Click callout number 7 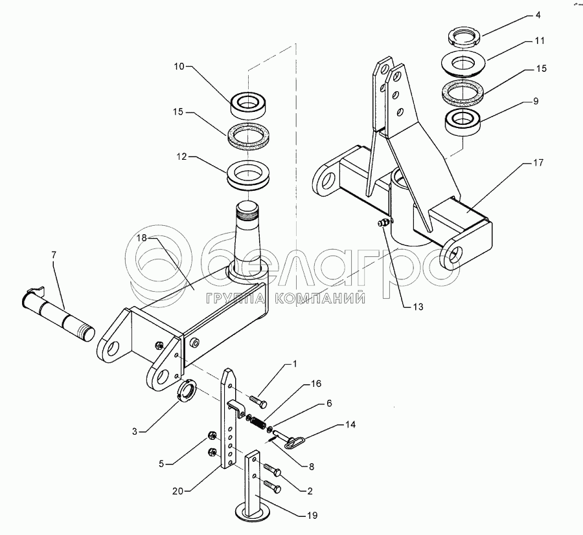pos(54,255)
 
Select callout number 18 pos(142,238)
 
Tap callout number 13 pos(418,307)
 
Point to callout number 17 pos(538,162)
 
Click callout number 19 pos(312,516)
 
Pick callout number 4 pos(538,16)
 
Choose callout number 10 pos(179,67)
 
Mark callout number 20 pos(178,491)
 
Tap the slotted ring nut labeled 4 pos(464,38)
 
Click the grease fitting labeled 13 pos(383,223)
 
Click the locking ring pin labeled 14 pos(289,438)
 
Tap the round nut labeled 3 pos(187,390)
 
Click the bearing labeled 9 pos(464,122)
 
